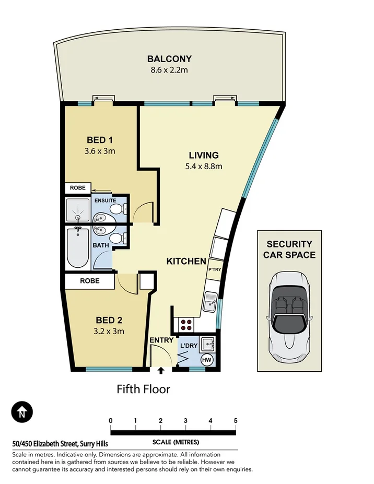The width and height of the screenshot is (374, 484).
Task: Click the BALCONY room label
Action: [x=169, y=58]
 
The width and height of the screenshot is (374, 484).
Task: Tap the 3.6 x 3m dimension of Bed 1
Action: [x=100, y=151]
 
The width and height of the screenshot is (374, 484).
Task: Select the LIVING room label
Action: [x=203, y=155]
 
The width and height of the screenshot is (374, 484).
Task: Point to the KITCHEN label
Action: [x=186, y=261]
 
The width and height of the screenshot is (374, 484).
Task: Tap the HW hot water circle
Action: [x=207, y=360]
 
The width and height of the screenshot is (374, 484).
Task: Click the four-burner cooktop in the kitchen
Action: [x=186, y=325]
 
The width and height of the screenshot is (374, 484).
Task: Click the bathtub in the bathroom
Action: [x=78, y=247]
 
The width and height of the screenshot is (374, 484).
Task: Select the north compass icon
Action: [x=22, y=412]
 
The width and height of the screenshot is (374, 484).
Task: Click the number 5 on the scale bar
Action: [x=236, y=420]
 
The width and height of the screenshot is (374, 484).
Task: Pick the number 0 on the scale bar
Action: [x=111, y=420]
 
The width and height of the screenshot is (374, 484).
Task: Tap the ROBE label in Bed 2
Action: [x=90, y=280]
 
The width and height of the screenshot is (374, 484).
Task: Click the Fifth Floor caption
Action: [x=143, y=389]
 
